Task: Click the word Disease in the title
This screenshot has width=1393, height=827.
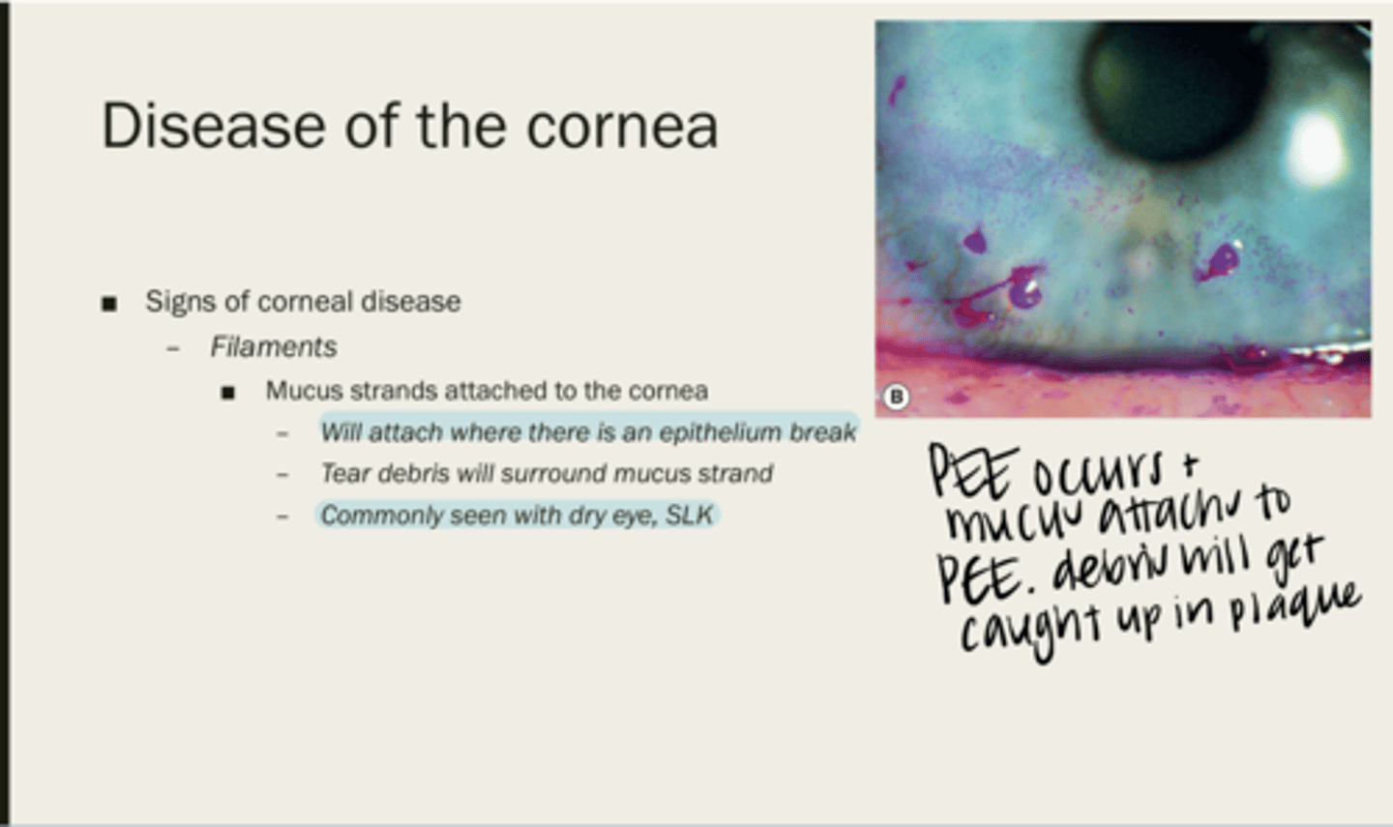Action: (213, 125)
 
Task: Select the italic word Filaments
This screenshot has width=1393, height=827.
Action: (274, 347)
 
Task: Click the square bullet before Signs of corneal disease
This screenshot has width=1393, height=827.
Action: (109, 304)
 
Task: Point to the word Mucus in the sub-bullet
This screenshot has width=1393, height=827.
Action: (304, 391)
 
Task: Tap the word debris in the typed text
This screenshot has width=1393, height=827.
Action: (414, 473)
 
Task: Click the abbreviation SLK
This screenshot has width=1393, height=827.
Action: (689, 515)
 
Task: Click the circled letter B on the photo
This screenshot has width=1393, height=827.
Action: (896, 397)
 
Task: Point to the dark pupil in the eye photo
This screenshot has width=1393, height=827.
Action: (1174, 88)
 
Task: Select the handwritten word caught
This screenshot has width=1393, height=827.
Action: (1030, 627)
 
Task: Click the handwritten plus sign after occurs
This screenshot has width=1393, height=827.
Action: (1190, 464)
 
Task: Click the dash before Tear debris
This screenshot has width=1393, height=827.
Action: (282, 475)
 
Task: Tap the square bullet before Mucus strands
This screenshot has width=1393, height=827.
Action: (228, 393)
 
